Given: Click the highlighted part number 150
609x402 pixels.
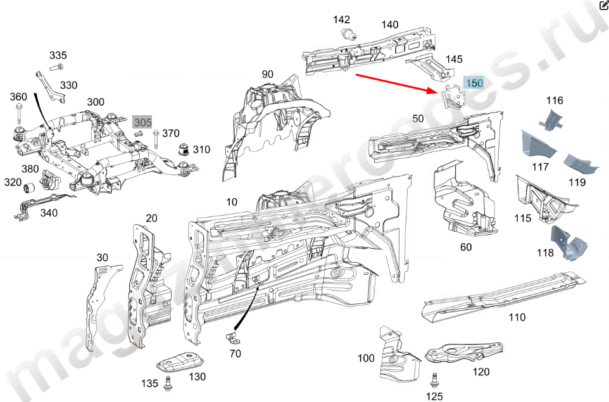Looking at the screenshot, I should (474, 83).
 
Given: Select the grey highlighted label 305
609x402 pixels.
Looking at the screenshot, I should (142, 122).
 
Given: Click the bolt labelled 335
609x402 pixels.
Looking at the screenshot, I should (58, 66).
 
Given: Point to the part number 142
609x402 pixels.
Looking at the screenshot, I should (342, 20).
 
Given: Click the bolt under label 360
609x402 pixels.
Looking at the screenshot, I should (18, 115).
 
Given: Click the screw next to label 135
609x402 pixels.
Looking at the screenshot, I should (168, 382).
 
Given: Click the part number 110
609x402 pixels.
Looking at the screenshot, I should (517, 317).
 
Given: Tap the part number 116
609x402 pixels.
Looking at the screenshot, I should (555, 100).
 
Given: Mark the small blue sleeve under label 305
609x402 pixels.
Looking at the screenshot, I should (141, 134).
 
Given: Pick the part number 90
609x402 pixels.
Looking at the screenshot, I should (267, 75).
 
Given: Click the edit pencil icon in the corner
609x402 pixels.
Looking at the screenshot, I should (603, 6).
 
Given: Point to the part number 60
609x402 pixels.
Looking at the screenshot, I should (465, 247).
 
